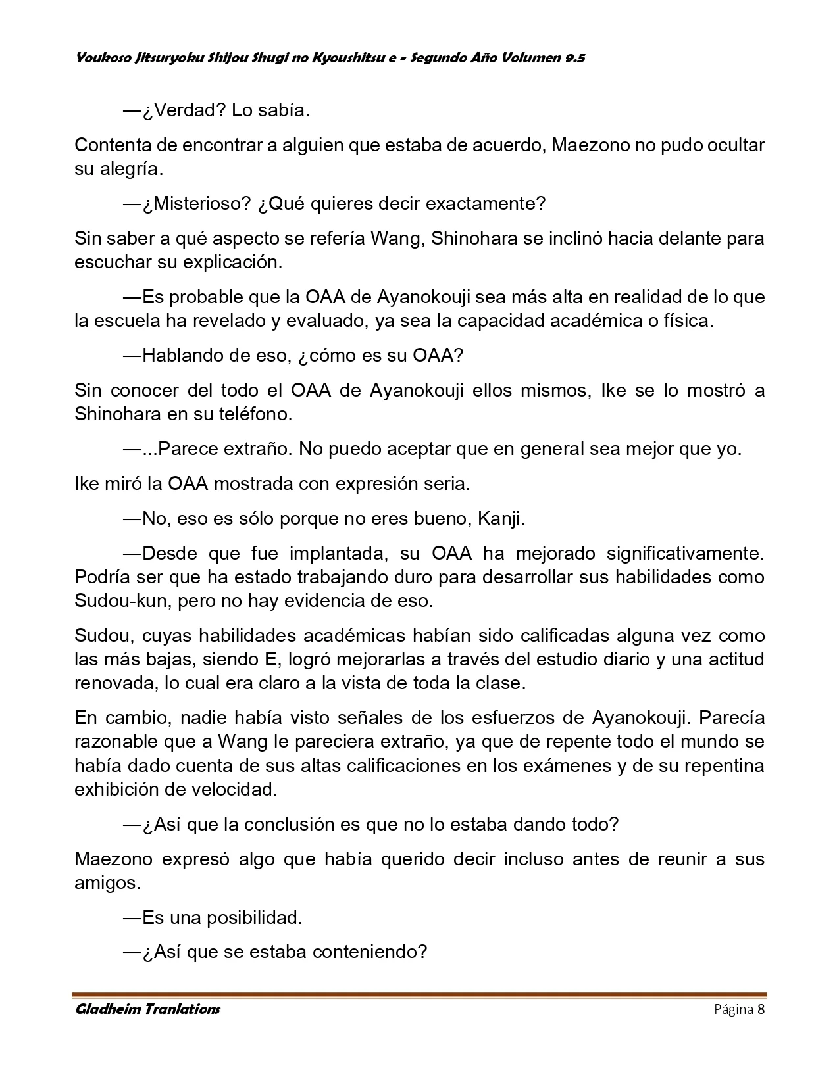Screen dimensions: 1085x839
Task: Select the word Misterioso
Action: coord(196,204)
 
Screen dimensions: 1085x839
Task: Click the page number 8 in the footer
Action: coord(761,1010)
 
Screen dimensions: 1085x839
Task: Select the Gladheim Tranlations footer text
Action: coord(147,1009)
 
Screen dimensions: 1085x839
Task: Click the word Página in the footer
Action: coord(734,1010)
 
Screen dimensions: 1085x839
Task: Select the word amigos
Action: coord(107,882)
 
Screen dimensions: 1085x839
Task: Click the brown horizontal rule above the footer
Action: coord(419,995)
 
